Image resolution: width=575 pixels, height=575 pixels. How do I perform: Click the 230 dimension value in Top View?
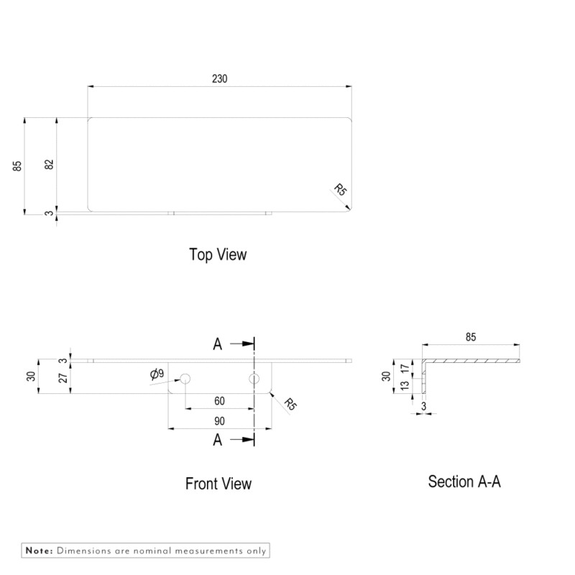pyautogui.click(x=220, y=79)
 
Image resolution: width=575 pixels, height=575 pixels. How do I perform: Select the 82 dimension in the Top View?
pyautogui.click(x=50, y=164)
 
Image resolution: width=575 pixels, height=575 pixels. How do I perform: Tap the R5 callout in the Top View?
pyautogui.click(x=340, y=190)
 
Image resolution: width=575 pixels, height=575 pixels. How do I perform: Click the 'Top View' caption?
pyautogui.click(x=218, y=254)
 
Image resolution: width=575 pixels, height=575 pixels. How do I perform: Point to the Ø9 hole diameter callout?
pyautogui.click(x=157, y=374)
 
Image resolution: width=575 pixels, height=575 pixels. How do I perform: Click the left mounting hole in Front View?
pyautogui.click(x=185, y=379)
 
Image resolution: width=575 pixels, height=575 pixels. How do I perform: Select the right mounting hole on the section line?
pyautogui.click(x=254, y=379)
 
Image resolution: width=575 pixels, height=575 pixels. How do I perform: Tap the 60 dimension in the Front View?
pyautogui.click(x=219, y=401)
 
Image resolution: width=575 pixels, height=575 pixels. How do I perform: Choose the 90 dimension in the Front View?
pyautogui.click(x=219, y=420)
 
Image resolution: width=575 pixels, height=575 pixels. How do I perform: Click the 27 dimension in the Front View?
pyautogui.click(x=63, y=377)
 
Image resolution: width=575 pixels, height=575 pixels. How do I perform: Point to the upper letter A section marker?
pyautogui.click(x=218, y=344)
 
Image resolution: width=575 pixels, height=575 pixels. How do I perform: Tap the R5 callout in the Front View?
pyautogui.click(x=290, y=403)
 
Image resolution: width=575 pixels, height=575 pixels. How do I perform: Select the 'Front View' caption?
pyautogui.click(x=218, y=484)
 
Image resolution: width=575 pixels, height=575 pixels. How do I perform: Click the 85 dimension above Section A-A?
pyautogui.click(x=471, y=337)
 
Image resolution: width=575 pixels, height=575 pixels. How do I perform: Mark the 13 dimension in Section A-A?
pyautogui.click(x=405, y=386)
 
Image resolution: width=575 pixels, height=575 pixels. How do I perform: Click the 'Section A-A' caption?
pyautogui.click(x=464, y=482)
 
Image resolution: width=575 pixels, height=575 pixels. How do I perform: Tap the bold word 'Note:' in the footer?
pyautogui.click(x=40, y=551)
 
